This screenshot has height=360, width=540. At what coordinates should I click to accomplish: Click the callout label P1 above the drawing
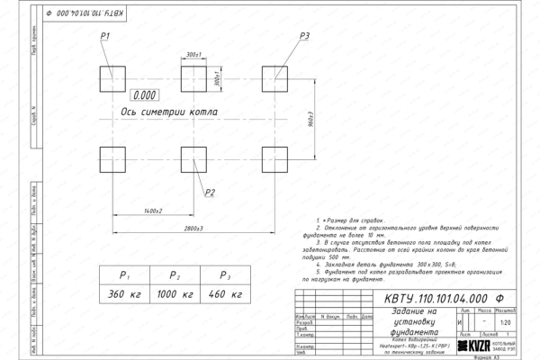(105, 35)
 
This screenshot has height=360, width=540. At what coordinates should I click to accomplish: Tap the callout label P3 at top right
(304, 35)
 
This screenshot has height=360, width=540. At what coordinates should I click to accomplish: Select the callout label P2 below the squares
(209, 192)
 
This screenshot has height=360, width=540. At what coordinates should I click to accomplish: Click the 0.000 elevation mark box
(144, 94)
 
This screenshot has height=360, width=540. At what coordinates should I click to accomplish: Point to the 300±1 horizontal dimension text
(192, 55)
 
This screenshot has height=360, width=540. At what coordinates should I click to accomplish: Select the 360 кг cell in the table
(126, 293)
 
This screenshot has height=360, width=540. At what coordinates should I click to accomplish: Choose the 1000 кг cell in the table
(176, 293)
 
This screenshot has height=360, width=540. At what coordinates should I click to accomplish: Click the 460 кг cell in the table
(226, 293)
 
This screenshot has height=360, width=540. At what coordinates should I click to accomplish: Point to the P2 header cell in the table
(176, 274)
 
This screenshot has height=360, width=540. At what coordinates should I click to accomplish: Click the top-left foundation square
(112, 76)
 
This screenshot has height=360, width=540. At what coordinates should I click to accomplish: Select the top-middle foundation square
(193, 76)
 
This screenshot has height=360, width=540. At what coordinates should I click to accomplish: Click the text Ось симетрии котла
(170, 112)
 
